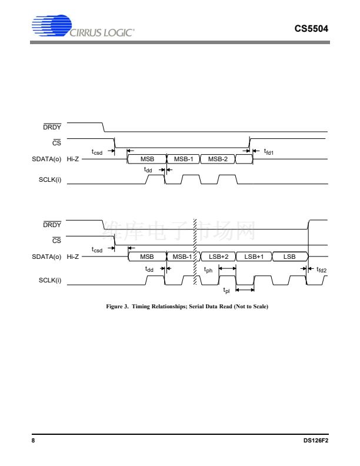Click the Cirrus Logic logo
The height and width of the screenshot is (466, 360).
click(83, 26)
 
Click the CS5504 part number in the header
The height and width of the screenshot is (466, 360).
click(311, 28)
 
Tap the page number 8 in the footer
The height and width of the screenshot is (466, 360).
click(33, 441)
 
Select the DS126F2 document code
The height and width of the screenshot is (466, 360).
click(316, 441)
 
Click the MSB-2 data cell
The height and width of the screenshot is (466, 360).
click(218, 159)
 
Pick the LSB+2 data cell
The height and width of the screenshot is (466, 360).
click(218, 257)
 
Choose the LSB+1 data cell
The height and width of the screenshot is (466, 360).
click(254, 257)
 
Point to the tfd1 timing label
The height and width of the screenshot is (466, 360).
click(268, 152)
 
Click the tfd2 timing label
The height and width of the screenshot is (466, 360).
click(321, 269)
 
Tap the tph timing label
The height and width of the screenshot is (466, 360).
click(208, 269)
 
